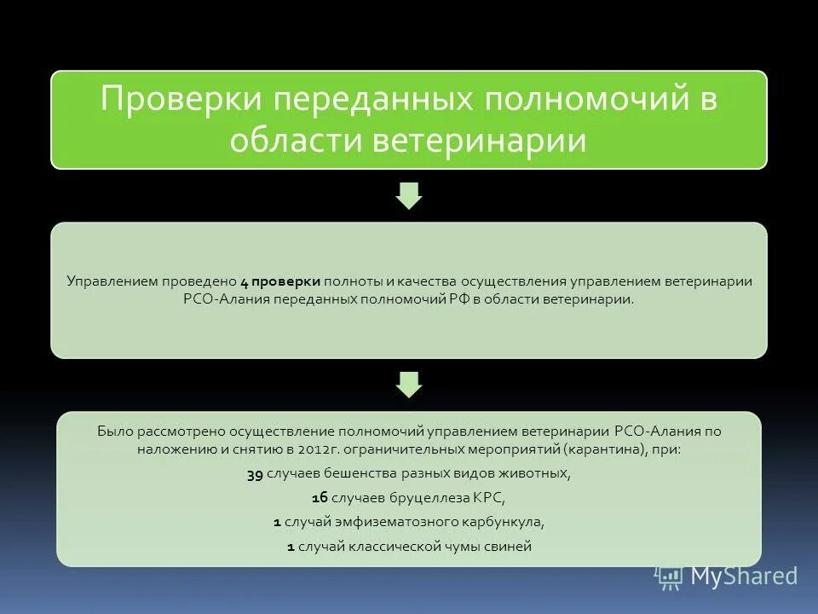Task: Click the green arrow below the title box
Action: (x=409, y=195)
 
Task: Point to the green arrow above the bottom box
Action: (x=409, y=384)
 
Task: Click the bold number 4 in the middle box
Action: (x=244, y=281)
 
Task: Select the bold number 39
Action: (x=255, y=474)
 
